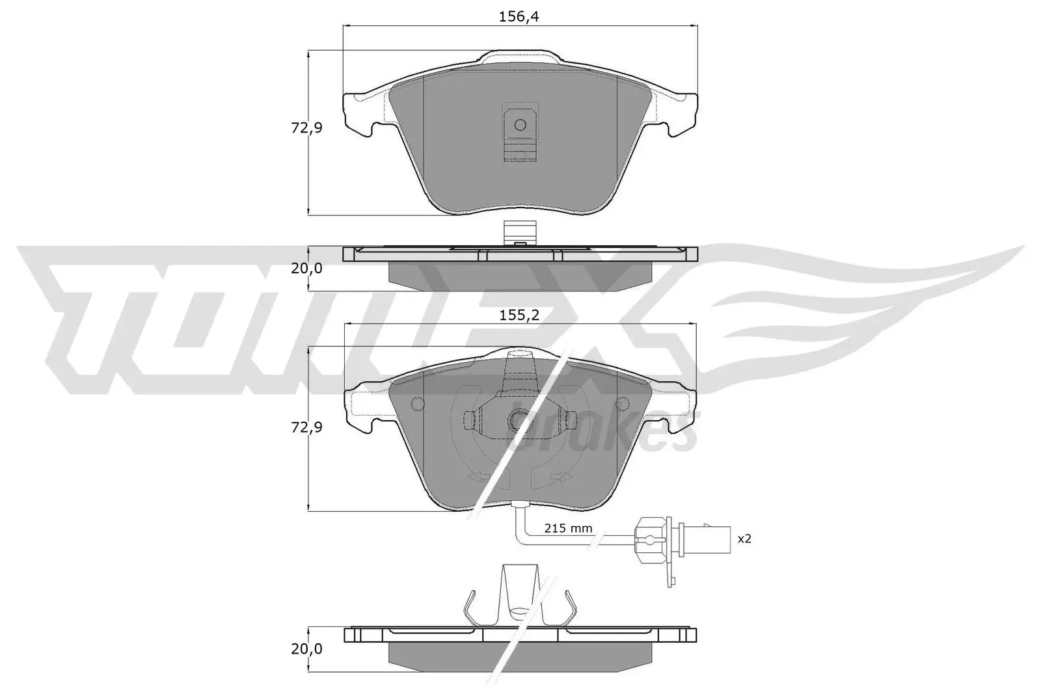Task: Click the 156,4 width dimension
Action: pos(519,17)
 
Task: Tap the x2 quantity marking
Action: pos(744,539)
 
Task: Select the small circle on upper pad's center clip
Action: pos(519,125)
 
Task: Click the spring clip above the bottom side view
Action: pos(520,598)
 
